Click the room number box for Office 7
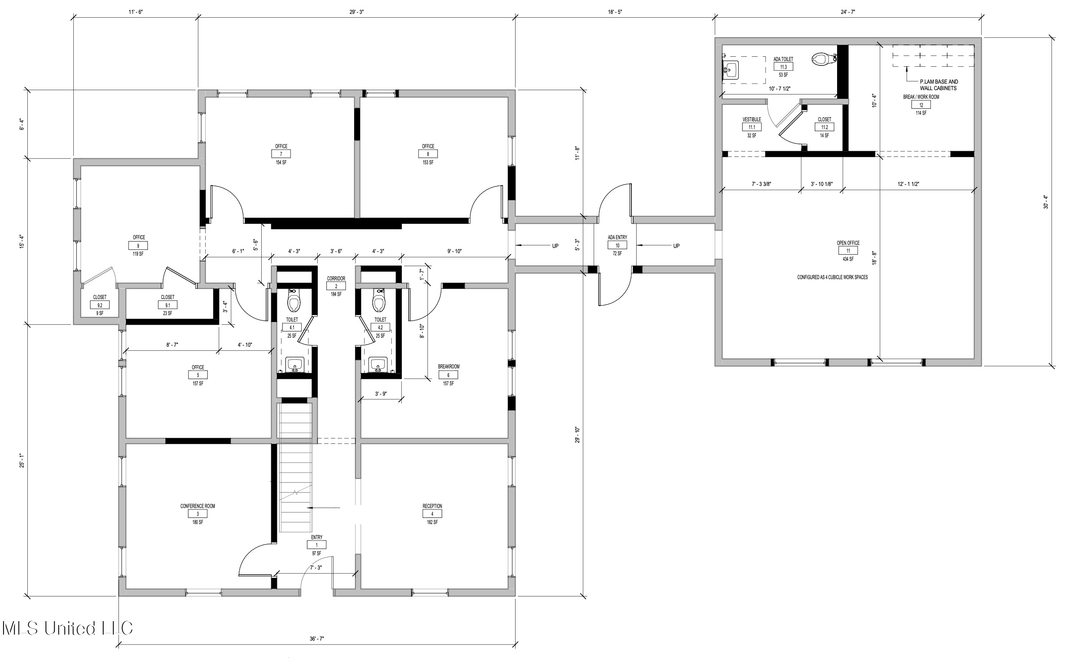click(x=281, y=154)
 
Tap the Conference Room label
click(x=198, y=506)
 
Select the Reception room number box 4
click(x=432, y=514)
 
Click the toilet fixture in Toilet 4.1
click(x=293, y=300)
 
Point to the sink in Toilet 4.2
click(x=378, y=365)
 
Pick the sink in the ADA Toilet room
click(x=731, y=70)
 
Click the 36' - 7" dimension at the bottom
click(x=317, y=639)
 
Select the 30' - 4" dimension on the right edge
click(x=1045, y=202)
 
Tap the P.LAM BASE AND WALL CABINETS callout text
click(x=939, y=85)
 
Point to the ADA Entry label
click(x=618, y=237)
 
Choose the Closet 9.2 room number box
click(x=100, y=305)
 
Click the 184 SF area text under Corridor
click(x=336, y=295)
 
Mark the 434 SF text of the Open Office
click(x=848, y=259)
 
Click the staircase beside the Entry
click(x=296, y=467)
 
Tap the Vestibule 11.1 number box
click(x=752, y=127)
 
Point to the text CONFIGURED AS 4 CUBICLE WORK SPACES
click(x=832, y=277)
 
